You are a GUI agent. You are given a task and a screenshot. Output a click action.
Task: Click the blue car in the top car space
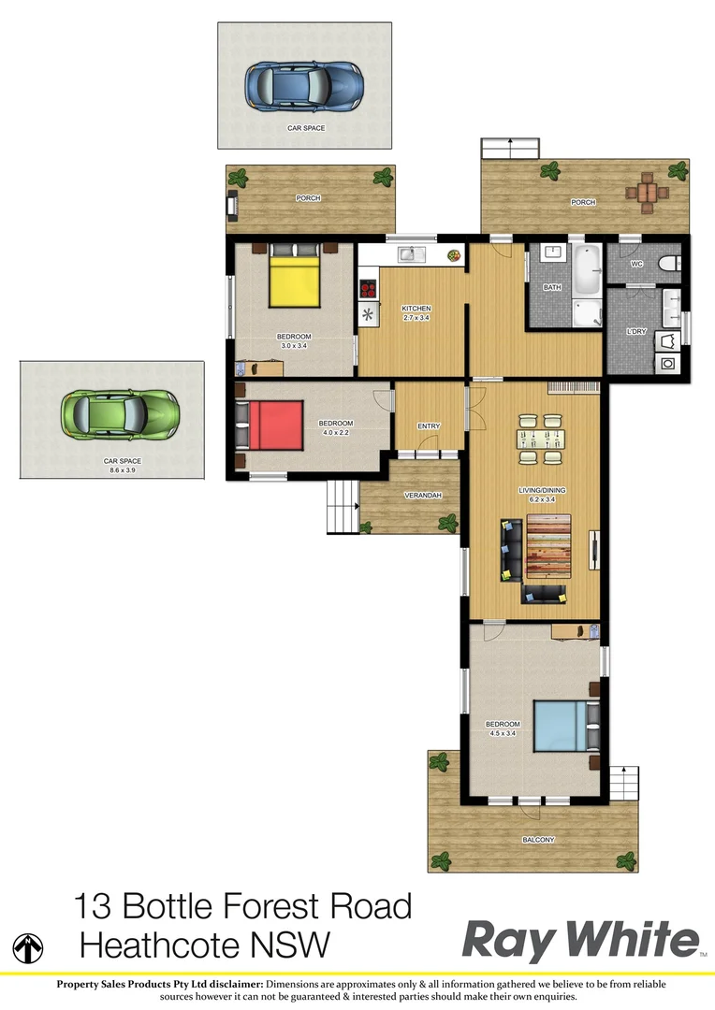point(301,85)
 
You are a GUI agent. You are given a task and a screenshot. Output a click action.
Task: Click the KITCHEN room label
point(416,309)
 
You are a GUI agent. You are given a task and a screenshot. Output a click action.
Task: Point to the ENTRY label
point(429,426)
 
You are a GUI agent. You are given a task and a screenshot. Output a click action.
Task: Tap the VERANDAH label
point(422,495)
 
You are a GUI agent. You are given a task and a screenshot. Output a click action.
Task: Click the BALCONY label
point(538,840)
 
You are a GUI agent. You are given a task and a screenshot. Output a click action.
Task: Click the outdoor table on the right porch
point(648,193)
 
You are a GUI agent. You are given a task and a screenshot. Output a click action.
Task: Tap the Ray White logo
point(580,939)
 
